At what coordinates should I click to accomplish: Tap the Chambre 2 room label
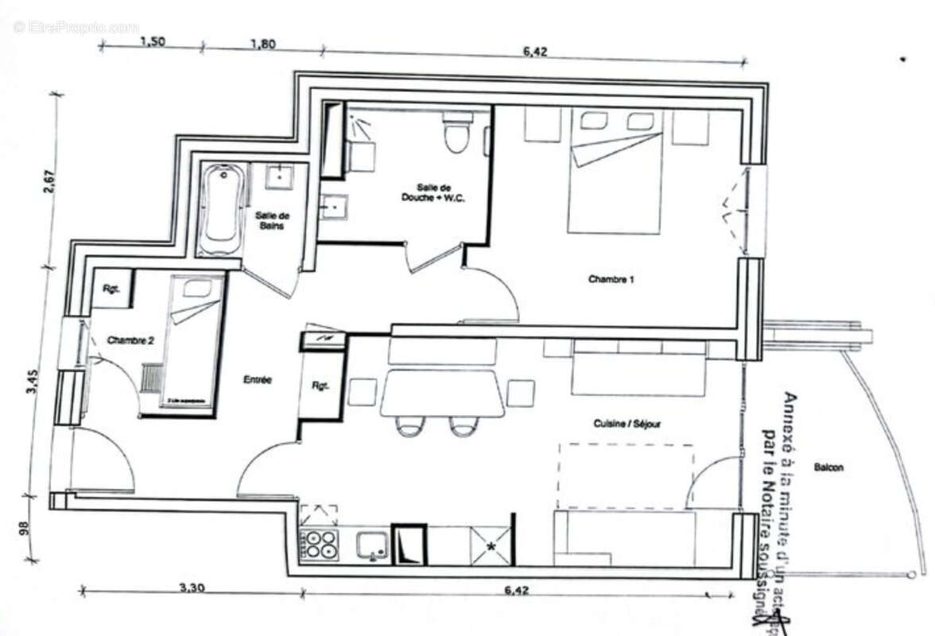tap(130, 340)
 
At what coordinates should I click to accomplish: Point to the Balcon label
tap(828, 467)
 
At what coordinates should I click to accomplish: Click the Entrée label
tap(257, 381)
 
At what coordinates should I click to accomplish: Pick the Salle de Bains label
tap(273, 222)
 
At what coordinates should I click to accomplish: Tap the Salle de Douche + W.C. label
tap(434, 192)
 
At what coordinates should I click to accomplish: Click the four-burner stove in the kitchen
tap(320, 545)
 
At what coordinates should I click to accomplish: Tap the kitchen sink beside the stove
tap(371, 545)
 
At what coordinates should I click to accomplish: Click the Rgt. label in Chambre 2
tap(111, 290)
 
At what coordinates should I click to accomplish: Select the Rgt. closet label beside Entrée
tap(320, 387)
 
